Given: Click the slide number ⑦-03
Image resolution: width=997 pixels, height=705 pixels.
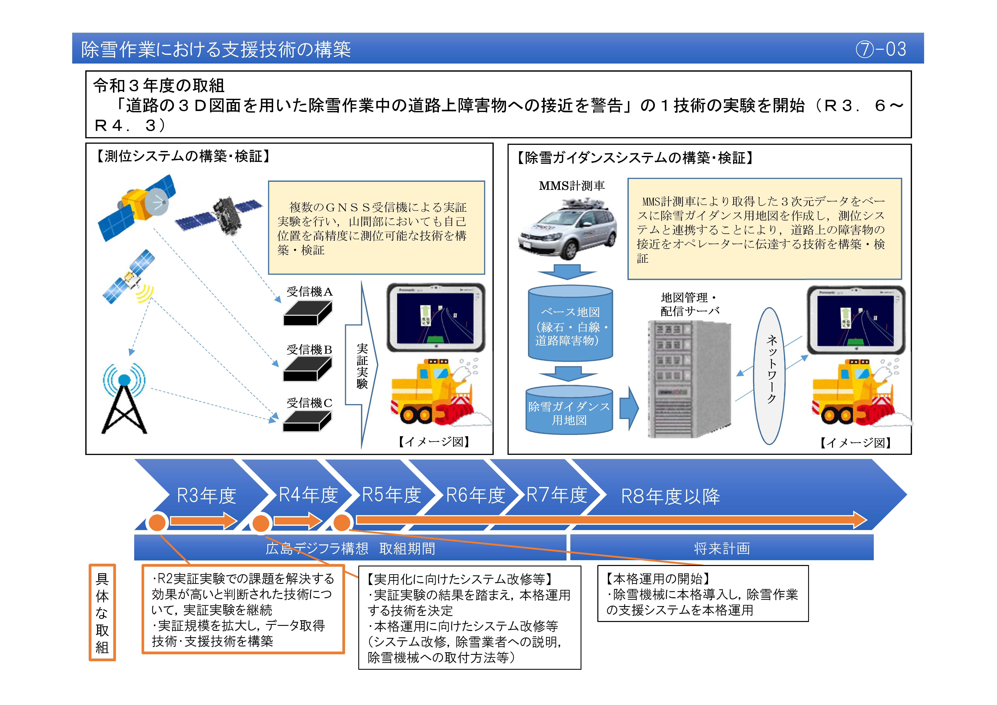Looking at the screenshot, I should pos(881,49).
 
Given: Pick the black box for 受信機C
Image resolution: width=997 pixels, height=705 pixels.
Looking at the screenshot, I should pos(307,421).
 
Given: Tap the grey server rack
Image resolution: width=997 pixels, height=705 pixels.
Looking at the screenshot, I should pos(688,379).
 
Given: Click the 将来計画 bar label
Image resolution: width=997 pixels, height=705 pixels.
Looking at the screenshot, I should pos(722,549).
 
